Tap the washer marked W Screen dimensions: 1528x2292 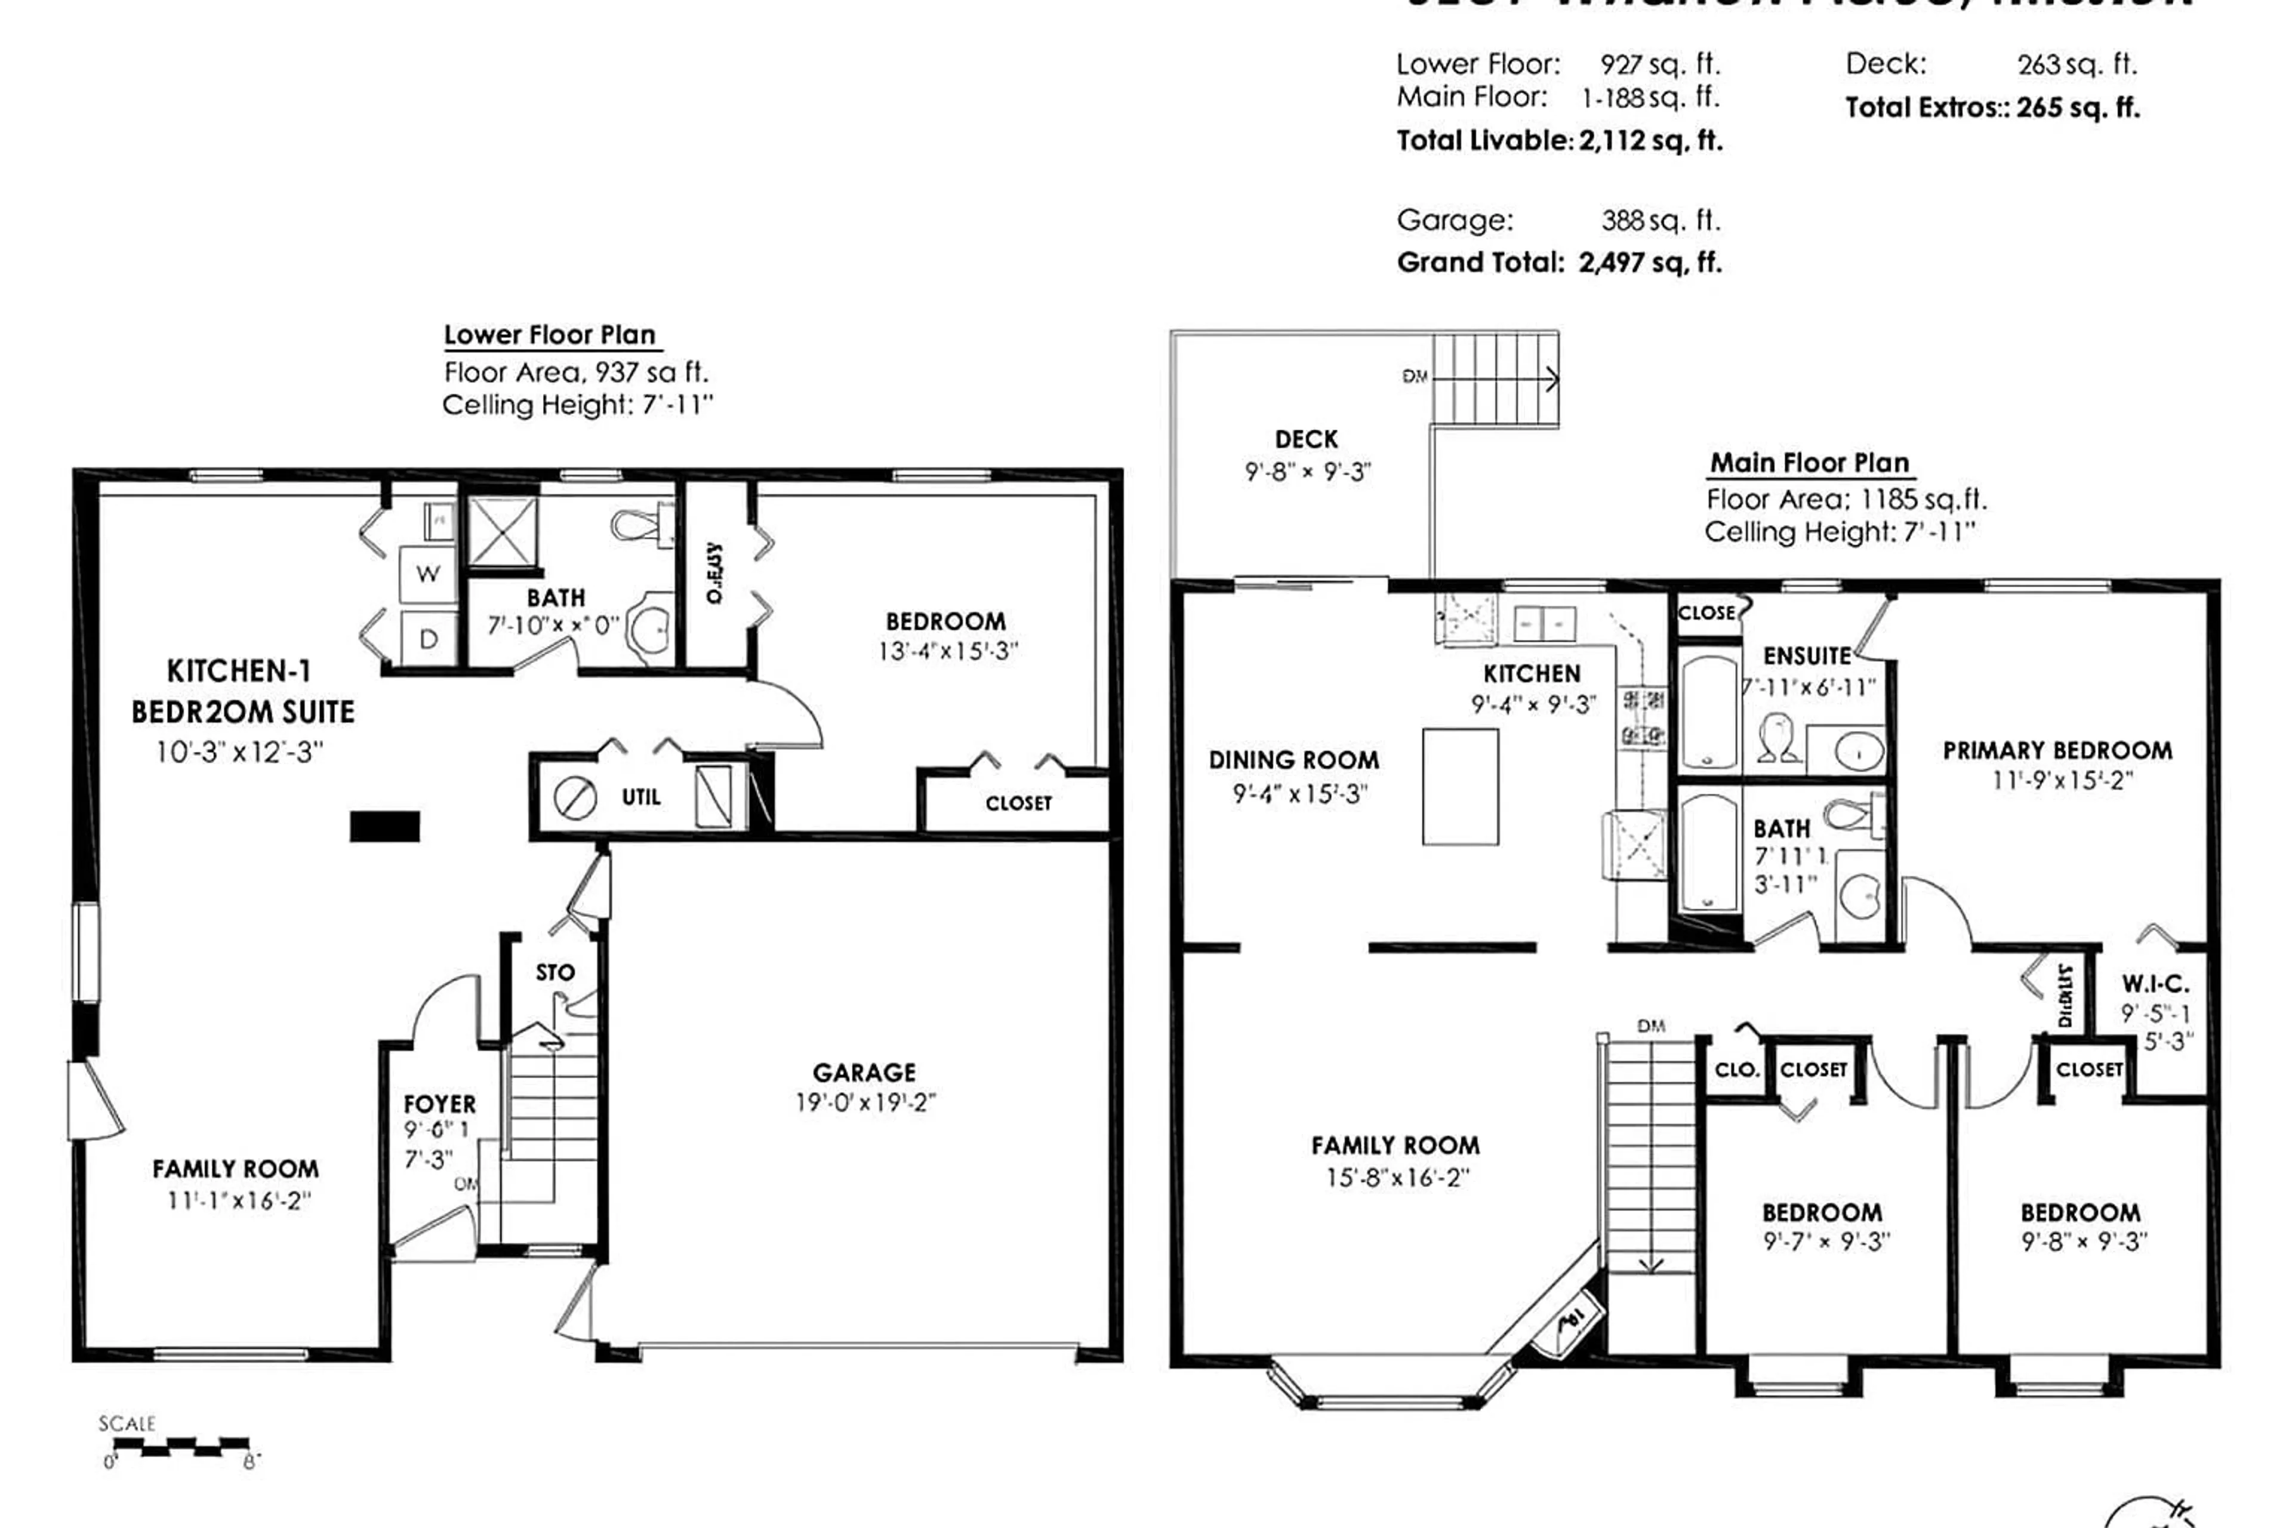click(x=428, y=574)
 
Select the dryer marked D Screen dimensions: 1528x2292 click(x=428, y=639)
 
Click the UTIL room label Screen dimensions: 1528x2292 click(x=640, y=797)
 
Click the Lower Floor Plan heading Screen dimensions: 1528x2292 click(x=550, y=335)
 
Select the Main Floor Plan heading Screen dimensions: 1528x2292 click(x=1810, y=463)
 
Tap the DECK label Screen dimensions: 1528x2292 click(x=1306, y=439)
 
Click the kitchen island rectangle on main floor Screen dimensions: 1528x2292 click(x=1460, y=787)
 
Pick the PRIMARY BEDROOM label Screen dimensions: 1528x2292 click(x=2057, y=750)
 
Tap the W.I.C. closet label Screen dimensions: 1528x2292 click(x=2155, y=984)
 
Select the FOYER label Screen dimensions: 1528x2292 click(x=439, y=1104)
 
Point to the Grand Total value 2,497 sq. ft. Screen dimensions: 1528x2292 click(x=1650, y=262)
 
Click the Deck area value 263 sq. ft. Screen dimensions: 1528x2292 click(x=2077, y=64)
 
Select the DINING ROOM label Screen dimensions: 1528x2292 click(x=1293, y=760)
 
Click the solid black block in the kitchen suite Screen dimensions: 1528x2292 click(x=385, y=826)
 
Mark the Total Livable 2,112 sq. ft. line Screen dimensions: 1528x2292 click(x=1559, y=140)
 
